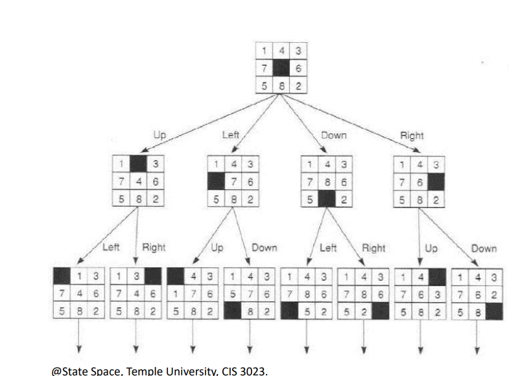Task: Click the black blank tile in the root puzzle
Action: pos(280,67)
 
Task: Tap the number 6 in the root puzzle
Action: pos(298,67)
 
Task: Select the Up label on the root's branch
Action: pos(159,135)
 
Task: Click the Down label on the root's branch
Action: pos(333,135)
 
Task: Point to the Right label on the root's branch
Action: pos(412,135)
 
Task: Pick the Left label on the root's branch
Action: pos(231,135)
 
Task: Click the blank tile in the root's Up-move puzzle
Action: pos(138,164)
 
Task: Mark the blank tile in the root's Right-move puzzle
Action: pos(436,182)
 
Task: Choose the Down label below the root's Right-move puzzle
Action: pos(484,248)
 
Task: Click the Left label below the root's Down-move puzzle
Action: pos(328,248)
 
